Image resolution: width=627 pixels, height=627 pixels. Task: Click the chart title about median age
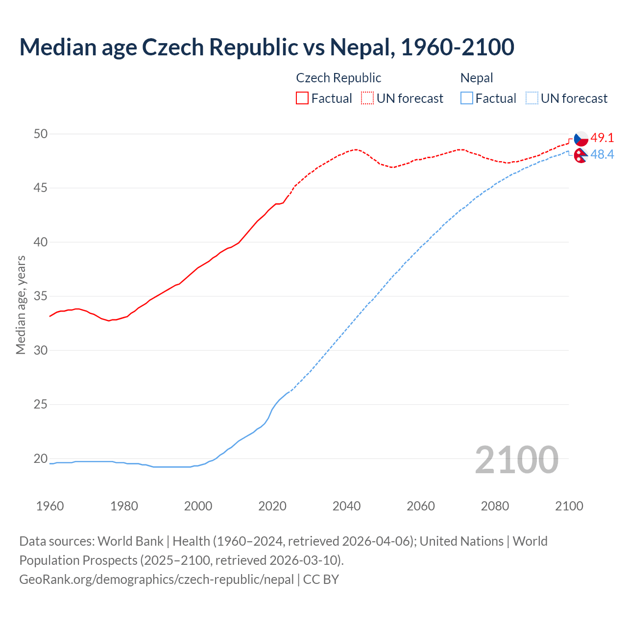tap(266, 47)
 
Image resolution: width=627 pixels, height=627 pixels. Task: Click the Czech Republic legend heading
tap(338, 78)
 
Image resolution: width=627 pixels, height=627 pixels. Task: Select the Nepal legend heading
tap(477, 78)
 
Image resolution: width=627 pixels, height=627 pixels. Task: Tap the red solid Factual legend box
tap(302, 98)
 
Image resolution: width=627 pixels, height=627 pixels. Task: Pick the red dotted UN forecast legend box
tap(367, 98)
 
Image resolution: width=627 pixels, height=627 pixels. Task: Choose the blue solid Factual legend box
tap(467, 98)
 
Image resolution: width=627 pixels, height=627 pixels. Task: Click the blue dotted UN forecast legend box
tap(531, 98)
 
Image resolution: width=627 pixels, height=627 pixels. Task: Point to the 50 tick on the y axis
tap(41, 134)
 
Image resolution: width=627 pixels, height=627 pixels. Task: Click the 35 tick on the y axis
tap(41, 296)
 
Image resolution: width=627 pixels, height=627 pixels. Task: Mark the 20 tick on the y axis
tap(41, 459)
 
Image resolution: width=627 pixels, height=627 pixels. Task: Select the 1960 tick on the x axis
tap(50, 506)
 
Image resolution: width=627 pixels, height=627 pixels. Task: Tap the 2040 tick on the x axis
tap(346, 506)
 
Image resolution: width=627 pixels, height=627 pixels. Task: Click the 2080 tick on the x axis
tap(495, 506)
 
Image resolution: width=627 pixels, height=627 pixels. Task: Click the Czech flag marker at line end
tap(581, 139)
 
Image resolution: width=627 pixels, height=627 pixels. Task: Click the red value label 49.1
tap(602, 138)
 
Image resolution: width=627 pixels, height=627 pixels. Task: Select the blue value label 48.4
tap(602, 155)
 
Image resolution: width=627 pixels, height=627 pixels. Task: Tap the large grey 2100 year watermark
tap(516, 460)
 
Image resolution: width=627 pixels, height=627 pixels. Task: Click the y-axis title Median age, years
tap(21, 305)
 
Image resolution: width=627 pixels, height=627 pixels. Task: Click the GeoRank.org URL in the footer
tap(156, 579)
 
